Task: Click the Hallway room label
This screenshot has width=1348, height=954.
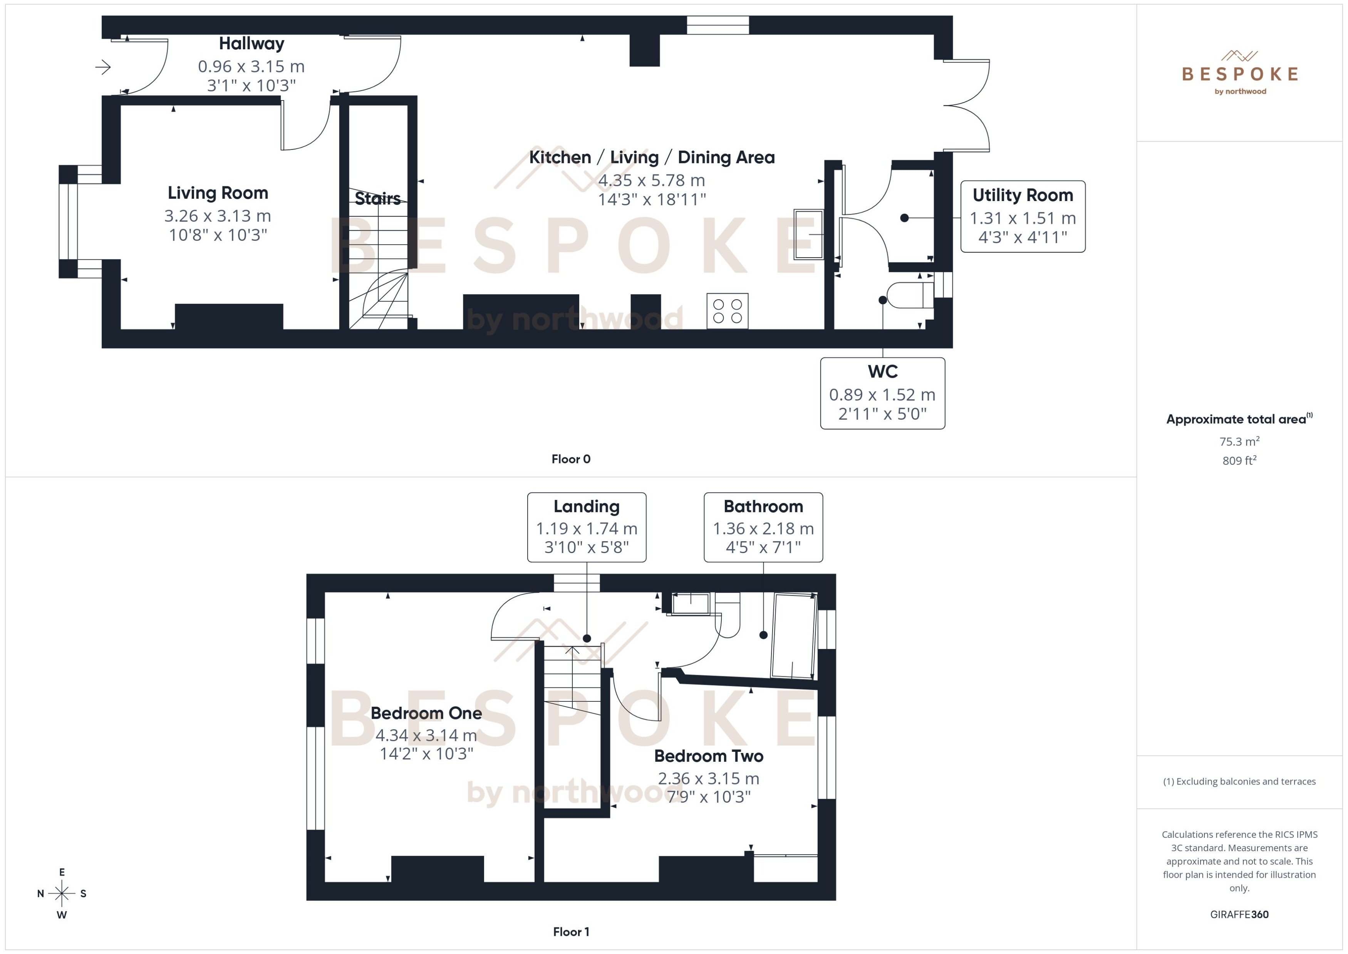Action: tap(251, 44)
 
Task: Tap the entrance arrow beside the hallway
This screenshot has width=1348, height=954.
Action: tap(103, 67)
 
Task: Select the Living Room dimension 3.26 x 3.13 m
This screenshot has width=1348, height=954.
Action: tap(217, 216)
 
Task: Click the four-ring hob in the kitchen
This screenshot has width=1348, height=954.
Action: tap(727, 311)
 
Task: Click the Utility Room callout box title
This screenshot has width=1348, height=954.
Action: tap(1022, 195)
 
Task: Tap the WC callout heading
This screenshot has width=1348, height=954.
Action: tap(882, 372)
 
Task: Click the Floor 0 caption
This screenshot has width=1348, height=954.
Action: tap(570, 459)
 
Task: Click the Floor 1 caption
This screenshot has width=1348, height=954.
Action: tap(570, 932)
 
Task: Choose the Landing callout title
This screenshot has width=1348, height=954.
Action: tap(586, 506)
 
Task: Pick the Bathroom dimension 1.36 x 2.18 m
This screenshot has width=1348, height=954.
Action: tap(763, 529)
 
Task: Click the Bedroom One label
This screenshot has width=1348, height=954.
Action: tap(426, 713)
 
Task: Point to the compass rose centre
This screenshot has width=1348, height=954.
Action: tap(62, 894)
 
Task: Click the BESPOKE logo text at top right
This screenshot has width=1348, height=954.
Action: tap(1239, 74)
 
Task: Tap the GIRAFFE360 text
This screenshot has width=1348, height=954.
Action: tap(1239, 915)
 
